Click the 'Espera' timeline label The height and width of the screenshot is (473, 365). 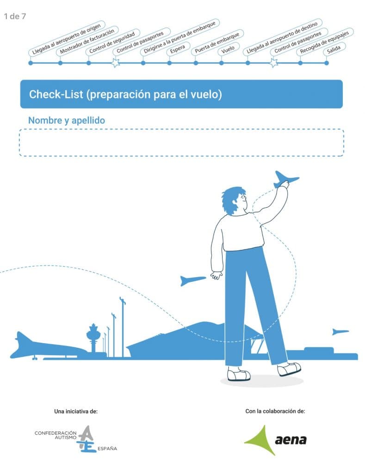point(178,49)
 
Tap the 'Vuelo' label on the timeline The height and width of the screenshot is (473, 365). point(228,49)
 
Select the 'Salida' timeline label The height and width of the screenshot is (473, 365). point(334,49)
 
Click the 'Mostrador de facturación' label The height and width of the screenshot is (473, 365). point(87,41)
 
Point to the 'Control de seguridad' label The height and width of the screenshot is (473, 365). point(112,42)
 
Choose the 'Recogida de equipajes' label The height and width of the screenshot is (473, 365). point(325,42)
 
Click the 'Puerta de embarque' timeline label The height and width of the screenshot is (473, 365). point(217,42)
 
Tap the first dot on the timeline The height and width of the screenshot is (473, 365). point(31,63)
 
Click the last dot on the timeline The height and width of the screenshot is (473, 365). point(326,63)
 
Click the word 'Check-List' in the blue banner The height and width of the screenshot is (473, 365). point(56,94)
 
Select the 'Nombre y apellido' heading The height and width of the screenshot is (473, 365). point(67,121)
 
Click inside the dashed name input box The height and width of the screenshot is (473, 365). point(181,143)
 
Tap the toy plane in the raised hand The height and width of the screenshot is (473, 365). point(285,179)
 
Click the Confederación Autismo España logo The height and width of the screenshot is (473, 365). point(76,439)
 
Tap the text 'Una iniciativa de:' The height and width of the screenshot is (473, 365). point(76,411)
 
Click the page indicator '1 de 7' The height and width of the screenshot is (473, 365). point(15,16)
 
